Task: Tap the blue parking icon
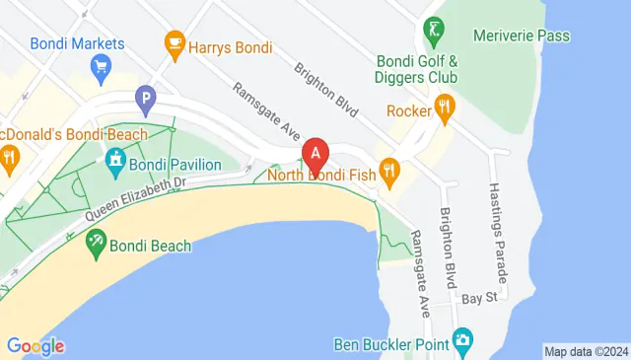[146, 99]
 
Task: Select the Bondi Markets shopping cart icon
[100, 67]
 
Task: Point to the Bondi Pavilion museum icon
[115, 159]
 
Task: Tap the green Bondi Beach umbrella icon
[96, 241]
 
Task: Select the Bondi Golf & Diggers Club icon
[431, 30]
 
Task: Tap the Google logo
[35, 346]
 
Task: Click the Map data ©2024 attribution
[586, 351]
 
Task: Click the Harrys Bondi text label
[233, 47]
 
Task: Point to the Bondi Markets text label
[77, 43]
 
